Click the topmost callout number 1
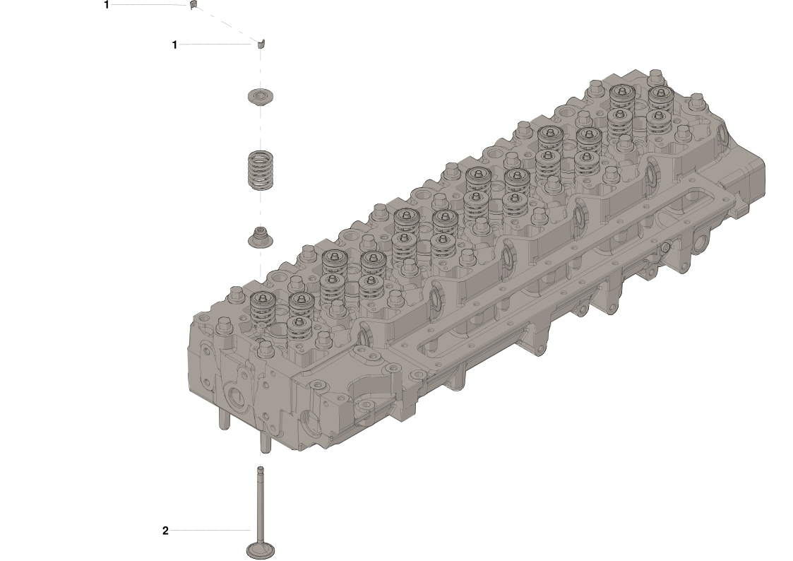(x=106, y=5)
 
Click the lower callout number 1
(x=174, y=45)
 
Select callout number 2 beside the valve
(x=165, y=531)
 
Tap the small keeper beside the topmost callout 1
(x=192, y=5)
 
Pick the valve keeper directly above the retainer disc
(x=261, y=45)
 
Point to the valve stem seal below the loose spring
(x=261, y=238)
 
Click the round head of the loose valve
(x=260, y=550)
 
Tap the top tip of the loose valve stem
(x=260, y=468)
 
